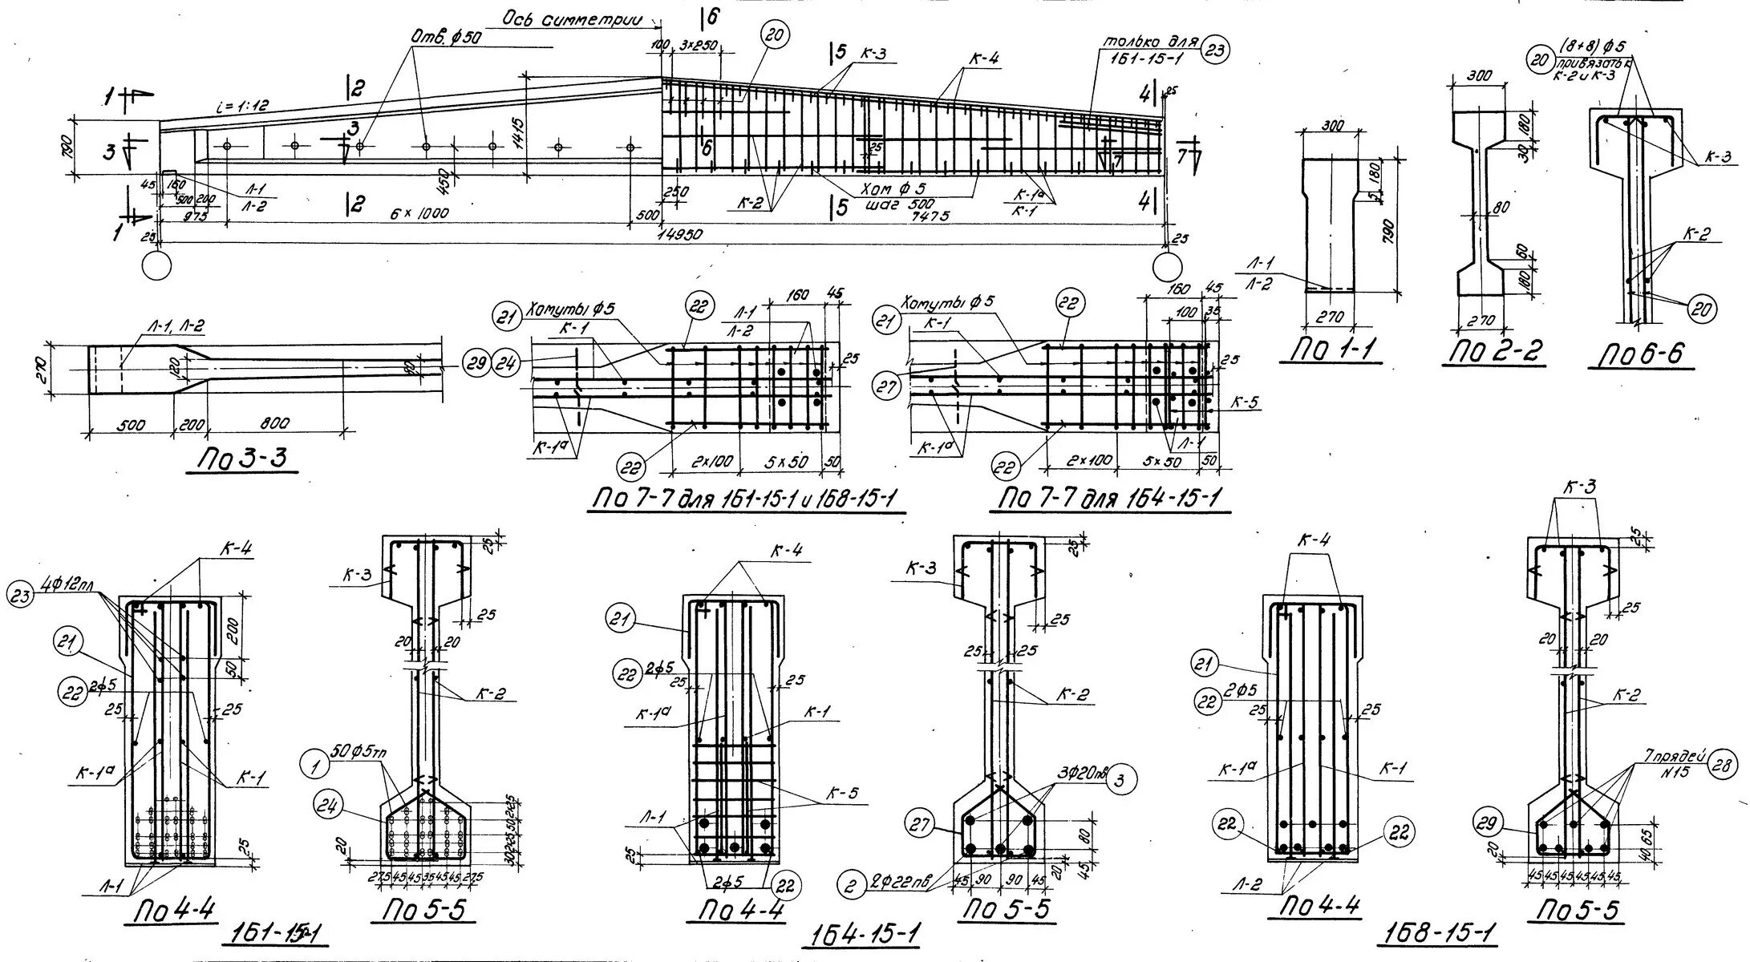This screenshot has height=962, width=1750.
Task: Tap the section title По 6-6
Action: tap(1641, 354)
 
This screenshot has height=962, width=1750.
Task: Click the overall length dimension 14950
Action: tap(681, 233)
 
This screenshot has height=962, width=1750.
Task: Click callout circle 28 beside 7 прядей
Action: tap(1722, 765)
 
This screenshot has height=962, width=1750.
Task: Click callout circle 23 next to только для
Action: tap(1215, 51)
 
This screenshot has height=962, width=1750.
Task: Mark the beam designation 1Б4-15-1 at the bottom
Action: tap(861, 935)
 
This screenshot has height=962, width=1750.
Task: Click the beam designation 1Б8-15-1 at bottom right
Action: tap(1440, 932)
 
